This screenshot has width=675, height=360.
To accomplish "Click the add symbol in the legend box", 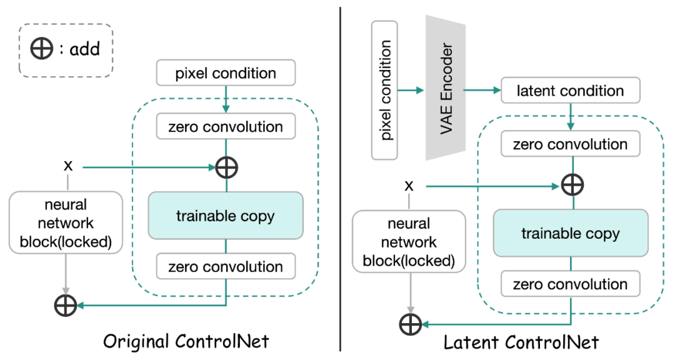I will [x=42, y=49].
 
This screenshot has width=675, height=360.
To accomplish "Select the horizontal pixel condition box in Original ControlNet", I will [x=226, y=73].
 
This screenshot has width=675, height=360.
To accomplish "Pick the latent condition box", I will [x=570, y=91].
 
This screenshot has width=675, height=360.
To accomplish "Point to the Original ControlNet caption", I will [x=186, y=341].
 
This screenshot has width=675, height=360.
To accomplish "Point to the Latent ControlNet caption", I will [x=521, y=342].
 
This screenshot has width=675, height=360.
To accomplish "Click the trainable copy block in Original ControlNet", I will [x=226, y=216].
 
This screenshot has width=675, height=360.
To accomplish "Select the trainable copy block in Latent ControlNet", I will [x=570, y=234].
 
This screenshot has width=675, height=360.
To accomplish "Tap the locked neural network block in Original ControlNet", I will [x=66, y=223].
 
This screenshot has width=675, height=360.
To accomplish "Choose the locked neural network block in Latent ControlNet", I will [x=409, y=241].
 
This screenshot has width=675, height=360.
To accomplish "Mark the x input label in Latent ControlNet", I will [x=409, y=185].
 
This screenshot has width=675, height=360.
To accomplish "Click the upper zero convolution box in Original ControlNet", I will [x=226, y=127].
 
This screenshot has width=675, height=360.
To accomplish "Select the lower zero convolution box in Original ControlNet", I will [x=226, y=267].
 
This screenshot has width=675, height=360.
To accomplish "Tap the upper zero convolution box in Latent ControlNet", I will [x=570, y=144].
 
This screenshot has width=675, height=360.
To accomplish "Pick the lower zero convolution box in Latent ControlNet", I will [x=570, y=284].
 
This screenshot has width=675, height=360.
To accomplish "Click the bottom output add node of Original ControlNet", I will [x=66, y=305].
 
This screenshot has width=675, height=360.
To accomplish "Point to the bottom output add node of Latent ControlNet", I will [x=410, y=324].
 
